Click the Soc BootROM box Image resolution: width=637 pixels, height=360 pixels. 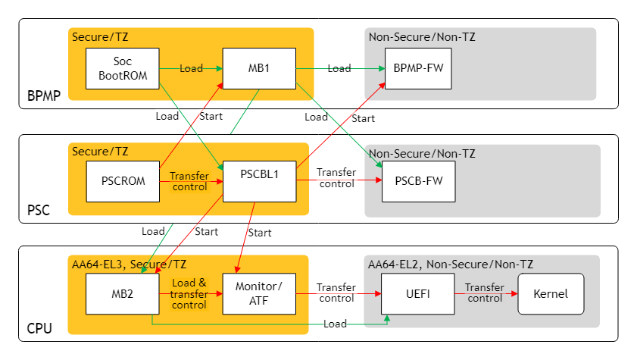coord(122,69)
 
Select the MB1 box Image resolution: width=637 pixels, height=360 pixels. coord(258,69)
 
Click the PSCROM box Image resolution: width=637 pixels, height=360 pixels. coord(122,181)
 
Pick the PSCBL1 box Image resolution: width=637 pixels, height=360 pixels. coord(258,181)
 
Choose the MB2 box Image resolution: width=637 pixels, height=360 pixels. coord(122,293)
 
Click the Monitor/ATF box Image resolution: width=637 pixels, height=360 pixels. coord(258,293)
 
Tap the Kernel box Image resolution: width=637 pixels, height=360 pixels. coord(551,293)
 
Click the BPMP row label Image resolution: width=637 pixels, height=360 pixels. coord(43,96)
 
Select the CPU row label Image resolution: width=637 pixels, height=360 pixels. coord(39,329)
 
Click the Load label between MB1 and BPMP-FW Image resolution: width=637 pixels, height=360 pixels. coord(339,69)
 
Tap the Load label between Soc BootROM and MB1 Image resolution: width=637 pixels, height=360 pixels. coord(191,69)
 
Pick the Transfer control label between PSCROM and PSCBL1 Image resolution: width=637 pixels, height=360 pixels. coord(189,181)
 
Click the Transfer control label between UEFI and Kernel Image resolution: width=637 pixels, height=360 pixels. coord(485,293)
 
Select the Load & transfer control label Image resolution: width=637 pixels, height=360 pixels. coord(189,294)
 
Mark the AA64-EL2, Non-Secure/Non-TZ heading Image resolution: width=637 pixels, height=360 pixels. coord(451,265)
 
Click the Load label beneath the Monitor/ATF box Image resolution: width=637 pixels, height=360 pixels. coord(335,324)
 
